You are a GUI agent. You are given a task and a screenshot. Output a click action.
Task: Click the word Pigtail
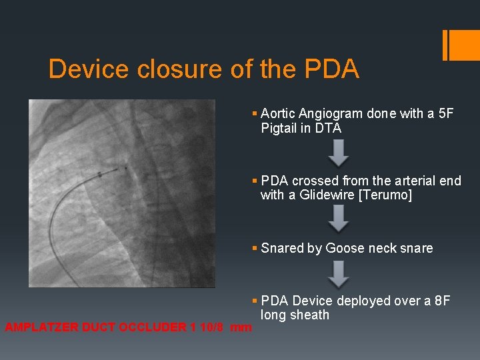(x=280, y=129)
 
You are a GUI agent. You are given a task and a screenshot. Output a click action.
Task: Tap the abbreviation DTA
(x=328, y=129)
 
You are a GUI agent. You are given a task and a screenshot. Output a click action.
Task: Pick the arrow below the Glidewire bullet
(x=339, y=219)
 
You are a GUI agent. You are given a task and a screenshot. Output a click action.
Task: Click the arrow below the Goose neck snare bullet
(x=339, y=273)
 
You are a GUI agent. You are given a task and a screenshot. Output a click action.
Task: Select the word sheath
(x=310, y=315)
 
